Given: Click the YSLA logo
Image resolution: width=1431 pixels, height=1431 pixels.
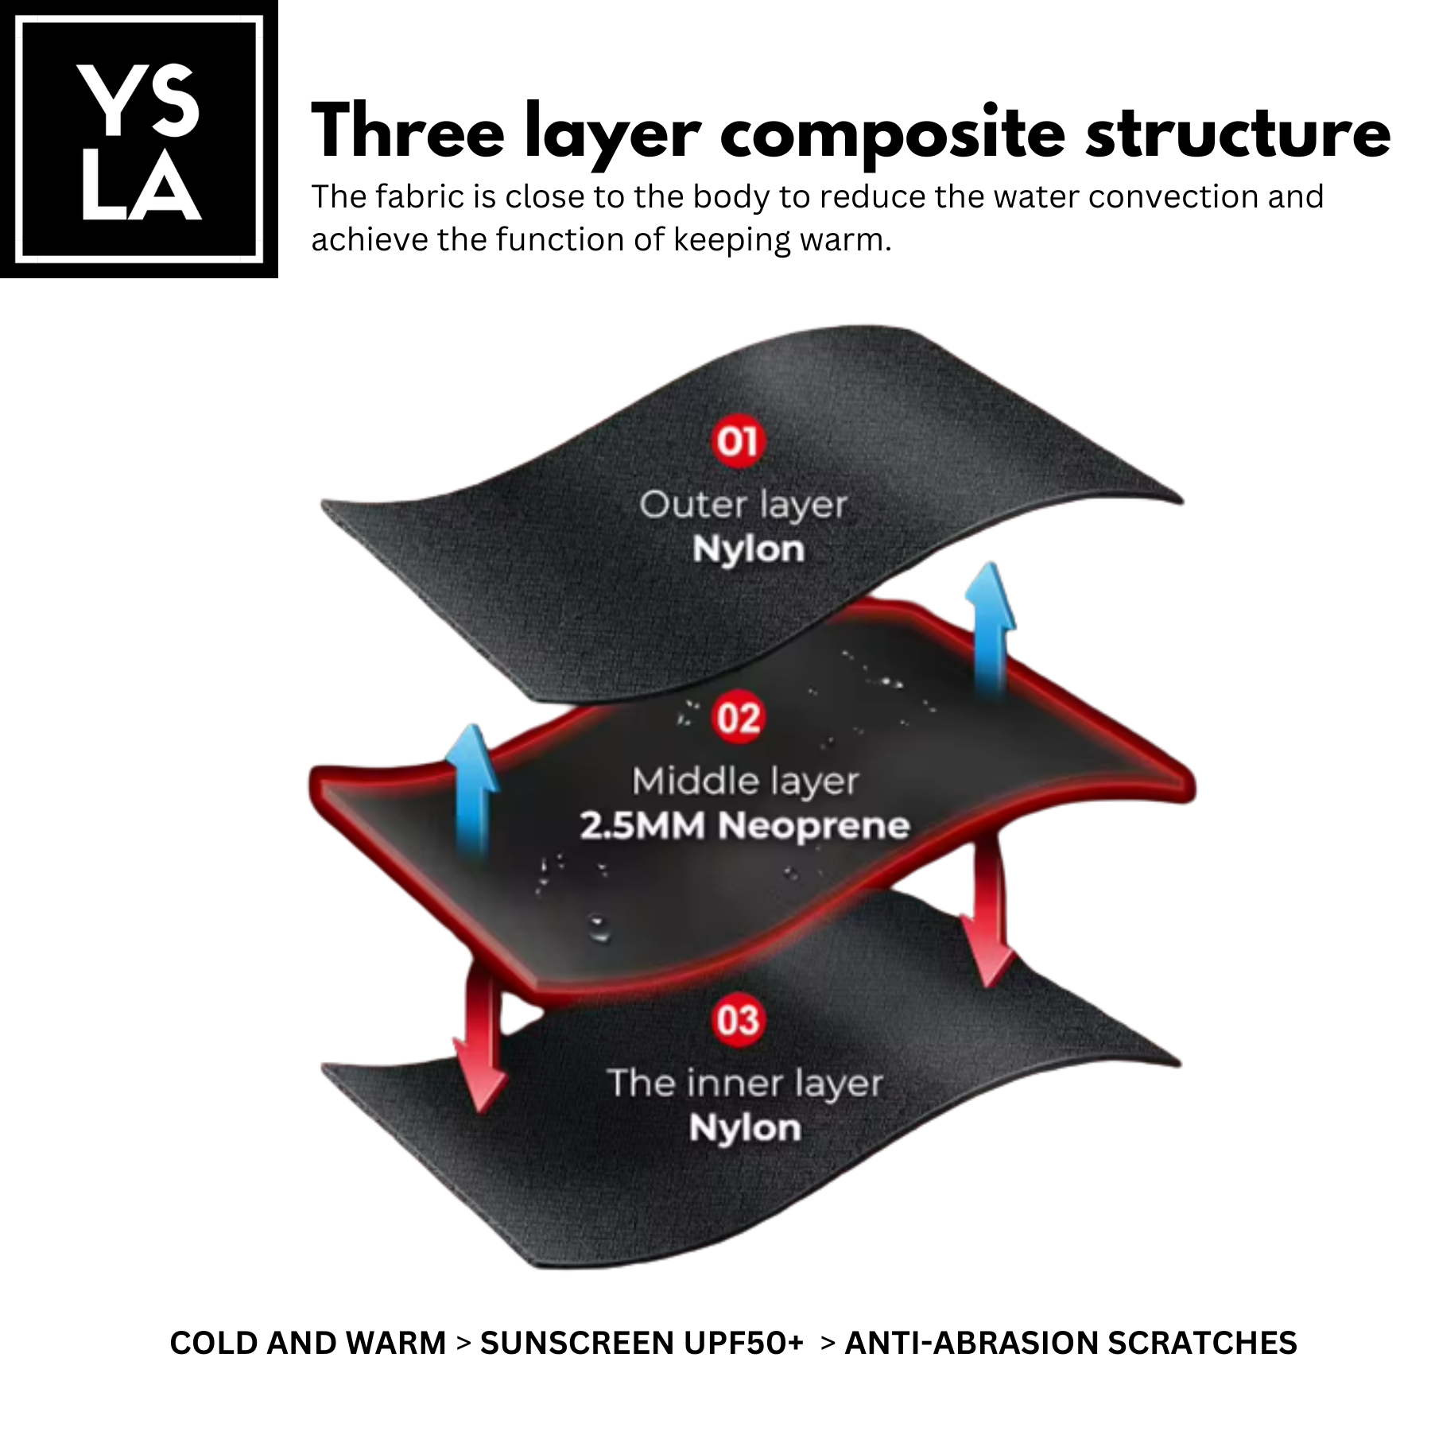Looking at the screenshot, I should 139,139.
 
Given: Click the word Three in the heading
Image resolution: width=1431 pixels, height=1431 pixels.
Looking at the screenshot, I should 407,132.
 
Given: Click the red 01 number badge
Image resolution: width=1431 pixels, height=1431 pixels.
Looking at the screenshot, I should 738,441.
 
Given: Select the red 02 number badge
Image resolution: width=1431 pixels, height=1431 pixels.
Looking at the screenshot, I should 738,718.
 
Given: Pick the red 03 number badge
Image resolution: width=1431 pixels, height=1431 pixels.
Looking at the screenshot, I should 738,1020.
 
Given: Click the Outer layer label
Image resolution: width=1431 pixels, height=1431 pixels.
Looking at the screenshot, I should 743,505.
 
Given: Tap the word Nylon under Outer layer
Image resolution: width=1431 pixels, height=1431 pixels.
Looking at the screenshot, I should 748,549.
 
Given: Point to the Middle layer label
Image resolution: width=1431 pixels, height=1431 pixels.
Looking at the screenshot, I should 745,781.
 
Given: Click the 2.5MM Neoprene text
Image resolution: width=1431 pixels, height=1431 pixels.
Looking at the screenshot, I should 745,826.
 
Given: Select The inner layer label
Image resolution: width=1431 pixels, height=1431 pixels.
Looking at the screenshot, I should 745,1083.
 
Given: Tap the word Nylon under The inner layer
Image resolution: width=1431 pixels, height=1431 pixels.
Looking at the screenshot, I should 745,1128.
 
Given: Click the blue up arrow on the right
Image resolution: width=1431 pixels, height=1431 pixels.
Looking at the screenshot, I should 990,628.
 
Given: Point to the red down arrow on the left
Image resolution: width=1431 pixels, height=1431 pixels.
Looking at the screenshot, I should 481,1041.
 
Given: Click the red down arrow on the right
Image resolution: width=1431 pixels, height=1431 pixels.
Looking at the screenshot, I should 986,914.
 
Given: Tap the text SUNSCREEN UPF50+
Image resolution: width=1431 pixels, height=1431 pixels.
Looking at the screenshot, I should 642,1343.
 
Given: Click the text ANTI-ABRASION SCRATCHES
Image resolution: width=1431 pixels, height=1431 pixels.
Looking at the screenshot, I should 1070,1343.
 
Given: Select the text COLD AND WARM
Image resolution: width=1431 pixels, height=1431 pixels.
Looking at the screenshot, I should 308,1343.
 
